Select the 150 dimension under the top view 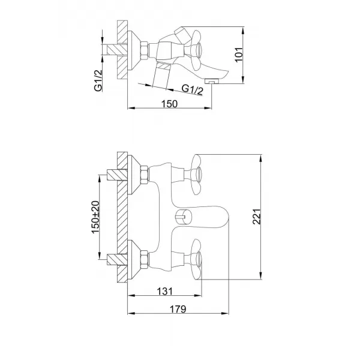click(170, 104)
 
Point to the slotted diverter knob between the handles click(180, 217)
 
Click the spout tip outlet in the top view click(211, 80)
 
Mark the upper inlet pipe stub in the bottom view click(112, 175)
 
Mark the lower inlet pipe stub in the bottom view click(112, 259)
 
